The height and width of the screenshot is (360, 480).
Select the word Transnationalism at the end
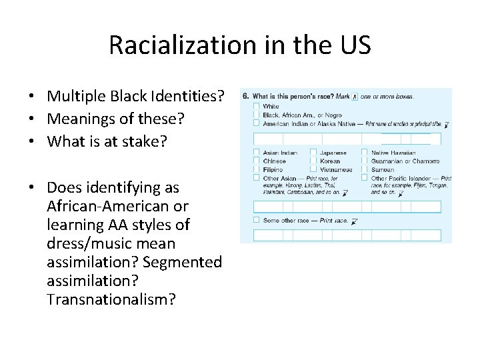click(x=111, y=299)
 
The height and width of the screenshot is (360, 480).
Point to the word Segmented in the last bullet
click(x=189, y=262)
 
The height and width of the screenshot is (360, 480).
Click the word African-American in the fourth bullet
click(x=117, y=206)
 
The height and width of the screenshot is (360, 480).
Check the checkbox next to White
click(x=257, y=106)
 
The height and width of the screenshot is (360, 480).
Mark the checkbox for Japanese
click(x=313, y=153)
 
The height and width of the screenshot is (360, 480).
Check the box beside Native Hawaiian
click(x=364, y=153)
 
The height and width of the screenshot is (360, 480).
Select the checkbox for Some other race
click(x=257, y=220)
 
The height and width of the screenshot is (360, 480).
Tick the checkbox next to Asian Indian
click(x=257, y=153)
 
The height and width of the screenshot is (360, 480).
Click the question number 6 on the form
click(x=245, y=96)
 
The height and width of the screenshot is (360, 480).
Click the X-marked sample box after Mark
click(x=354, y=97)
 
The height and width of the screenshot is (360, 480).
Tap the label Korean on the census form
click(x=329, y=161)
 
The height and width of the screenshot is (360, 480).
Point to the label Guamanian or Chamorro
click(x=405, y=161)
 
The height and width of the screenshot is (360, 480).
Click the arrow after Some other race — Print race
click(x=354, y=221)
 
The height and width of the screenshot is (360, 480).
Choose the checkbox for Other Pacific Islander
click(x=364, y=178)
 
